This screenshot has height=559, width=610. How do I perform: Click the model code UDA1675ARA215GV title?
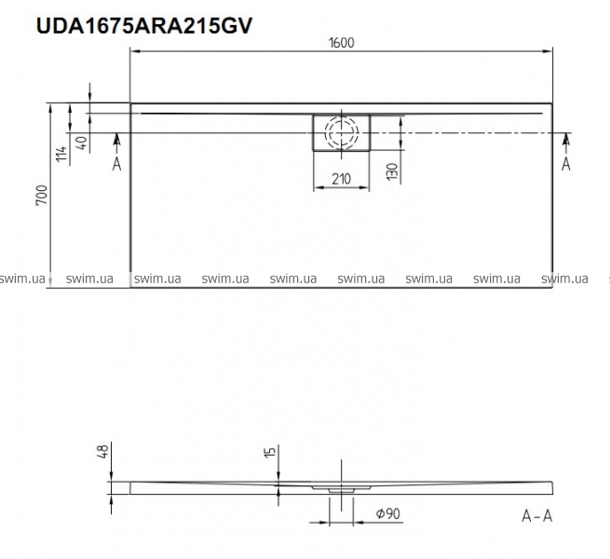click(144, 26)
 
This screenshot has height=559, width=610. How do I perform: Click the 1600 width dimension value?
click(342, 43)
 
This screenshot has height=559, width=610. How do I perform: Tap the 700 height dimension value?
click(42, 195)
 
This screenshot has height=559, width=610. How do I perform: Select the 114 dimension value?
click(61, 154)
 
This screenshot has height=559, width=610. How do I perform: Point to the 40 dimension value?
click(82, 143)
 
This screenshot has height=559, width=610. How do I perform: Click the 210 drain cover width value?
click(341, 179)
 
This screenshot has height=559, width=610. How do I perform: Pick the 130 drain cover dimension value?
click(393, 171)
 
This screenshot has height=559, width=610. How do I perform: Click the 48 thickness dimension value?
click(103, 451)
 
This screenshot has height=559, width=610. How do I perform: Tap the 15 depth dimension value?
click(269, 452)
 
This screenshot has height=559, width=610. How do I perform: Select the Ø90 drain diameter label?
click(387, 514)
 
